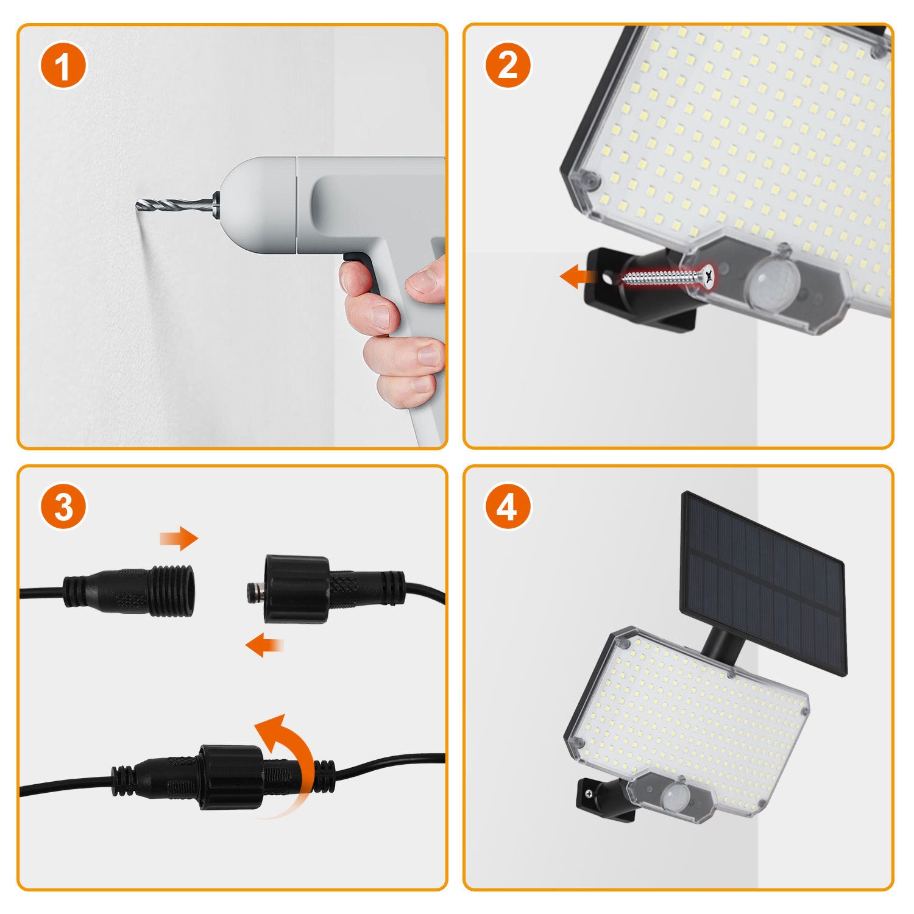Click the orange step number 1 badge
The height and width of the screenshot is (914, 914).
click(63, 65)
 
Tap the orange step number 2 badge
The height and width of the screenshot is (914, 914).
click(508, 65)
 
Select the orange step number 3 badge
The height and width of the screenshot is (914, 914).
click(63, 506)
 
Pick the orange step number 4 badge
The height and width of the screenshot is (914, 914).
click(508, 506)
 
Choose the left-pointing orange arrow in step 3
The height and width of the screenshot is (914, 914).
click(264, 645)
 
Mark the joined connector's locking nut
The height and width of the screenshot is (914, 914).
click(231, 778)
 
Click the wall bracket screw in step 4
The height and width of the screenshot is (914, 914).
click(589, 794)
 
